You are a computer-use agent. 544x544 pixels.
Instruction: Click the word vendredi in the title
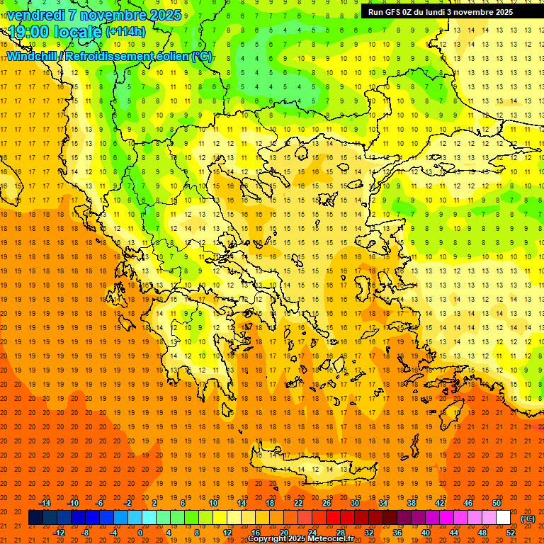click(x=35, y=15)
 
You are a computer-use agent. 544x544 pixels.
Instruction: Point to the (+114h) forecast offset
click(x=125, y=32)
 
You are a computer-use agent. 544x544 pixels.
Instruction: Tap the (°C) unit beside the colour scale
click(x=528, y=518)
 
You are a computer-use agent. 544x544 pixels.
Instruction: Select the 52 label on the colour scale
click(x=511, y=533)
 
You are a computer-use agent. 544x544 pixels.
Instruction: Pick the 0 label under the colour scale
click(x=140, y=533)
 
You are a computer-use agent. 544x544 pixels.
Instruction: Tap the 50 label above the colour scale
click(x=496, y=503)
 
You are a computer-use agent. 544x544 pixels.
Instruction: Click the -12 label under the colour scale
click(x=59, y=533)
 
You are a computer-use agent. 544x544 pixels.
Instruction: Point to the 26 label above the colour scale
click(x=327, y=503)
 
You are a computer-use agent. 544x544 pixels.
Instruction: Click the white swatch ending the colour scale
click(x=503, y=518)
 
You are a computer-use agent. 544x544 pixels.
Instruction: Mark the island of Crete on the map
click(x=312, y=468)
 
